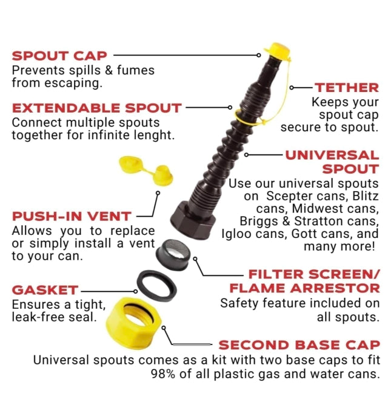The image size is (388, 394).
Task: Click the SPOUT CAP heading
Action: pos(59,56)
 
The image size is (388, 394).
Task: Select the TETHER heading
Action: pos(347,88)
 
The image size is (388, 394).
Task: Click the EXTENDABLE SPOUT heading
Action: pos(96,108)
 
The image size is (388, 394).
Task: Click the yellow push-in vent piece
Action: pos(146,170)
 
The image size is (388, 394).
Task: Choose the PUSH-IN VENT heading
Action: pos(72,216)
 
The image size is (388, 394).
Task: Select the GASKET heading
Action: pos(45,290)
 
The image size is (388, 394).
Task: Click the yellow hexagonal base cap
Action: pos(133,323)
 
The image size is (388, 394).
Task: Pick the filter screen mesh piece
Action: pos(173,255)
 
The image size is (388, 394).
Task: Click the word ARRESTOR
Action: pos(335,288)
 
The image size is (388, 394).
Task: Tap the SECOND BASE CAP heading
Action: pos(299,345)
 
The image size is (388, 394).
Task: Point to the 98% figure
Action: pos(163,374)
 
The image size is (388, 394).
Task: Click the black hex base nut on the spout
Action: pos(193,220)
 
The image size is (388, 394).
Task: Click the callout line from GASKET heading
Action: pos(109,292)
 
